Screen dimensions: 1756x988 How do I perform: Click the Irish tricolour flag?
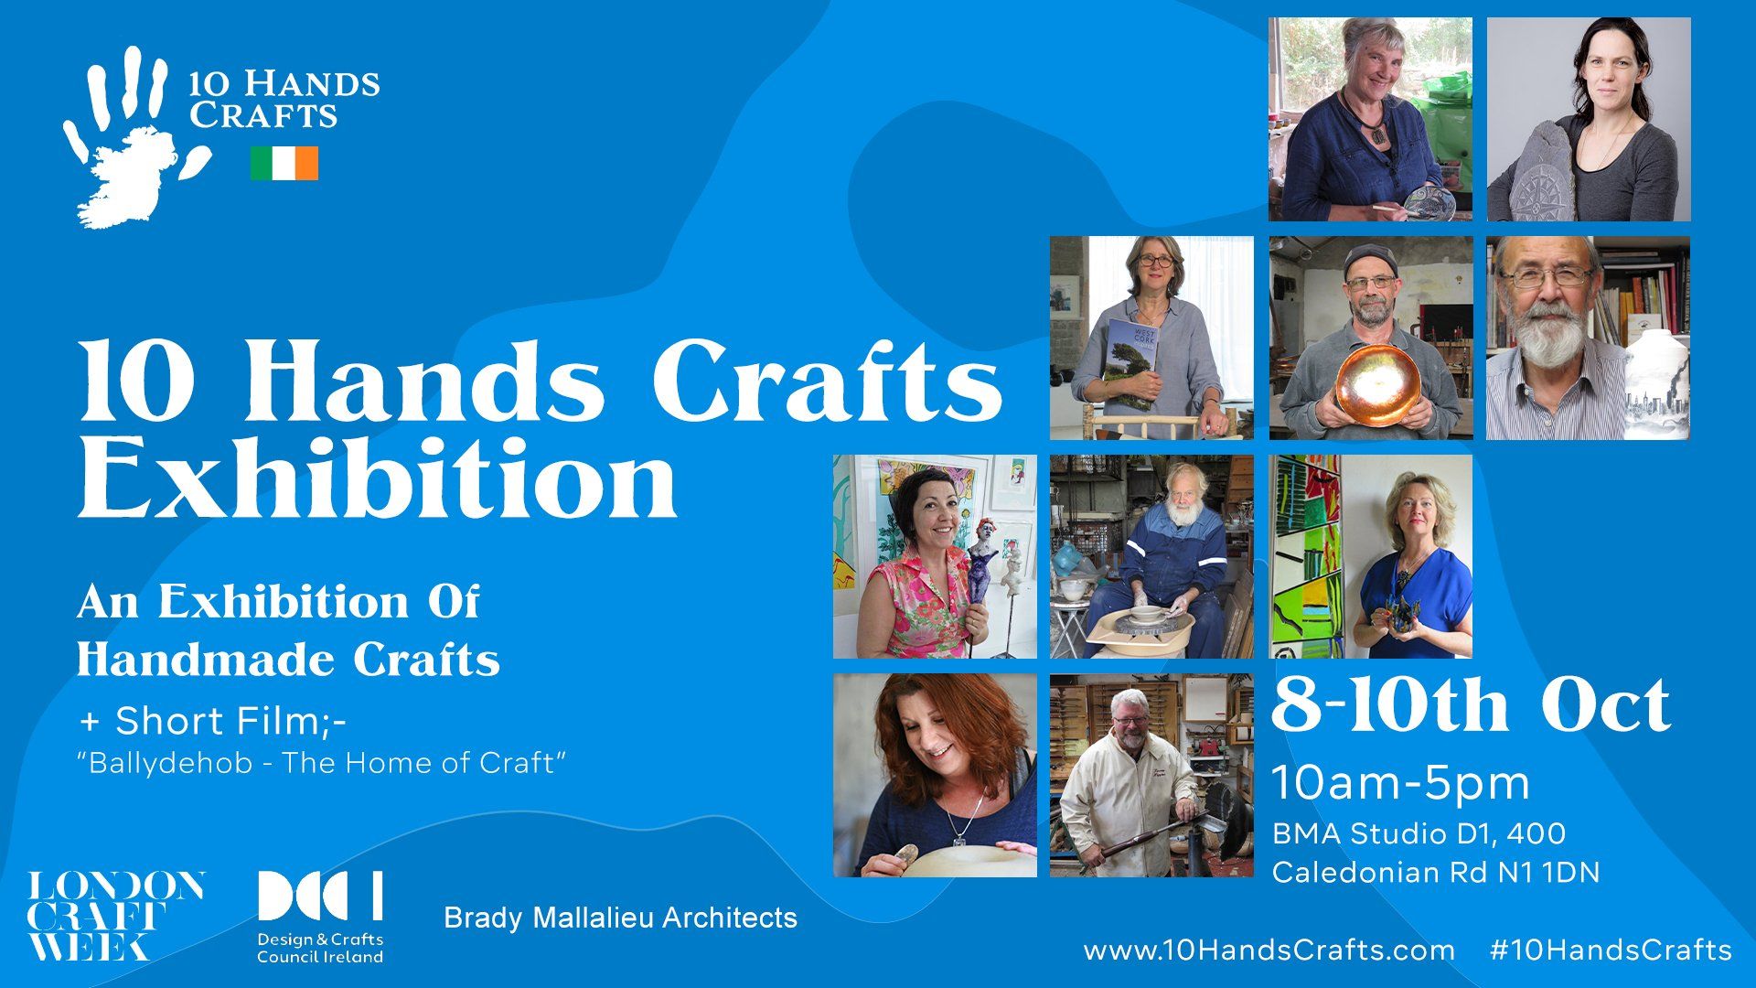tap(284, 164)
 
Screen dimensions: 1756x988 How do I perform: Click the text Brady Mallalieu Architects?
tap(620, 918)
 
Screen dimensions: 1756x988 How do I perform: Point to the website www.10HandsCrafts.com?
tap(1269, 950)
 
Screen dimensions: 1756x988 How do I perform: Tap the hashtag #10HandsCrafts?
tap(1611, 950)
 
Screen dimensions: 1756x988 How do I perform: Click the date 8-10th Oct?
tap(1471, 706)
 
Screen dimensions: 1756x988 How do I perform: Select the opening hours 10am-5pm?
tap(1401, 783)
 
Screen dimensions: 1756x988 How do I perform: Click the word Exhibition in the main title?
tap(378, 478)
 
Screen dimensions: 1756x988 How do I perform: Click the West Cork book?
tap(1132, 366)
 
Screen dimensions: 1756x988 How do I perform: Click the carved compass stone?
tap(1544, 172)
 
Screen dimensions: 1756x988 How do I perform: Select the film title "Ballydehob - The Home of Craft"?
tap(322, 763)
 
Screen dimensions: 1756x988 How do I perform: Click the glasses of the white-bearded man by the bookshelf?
tap(1546, 274)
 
